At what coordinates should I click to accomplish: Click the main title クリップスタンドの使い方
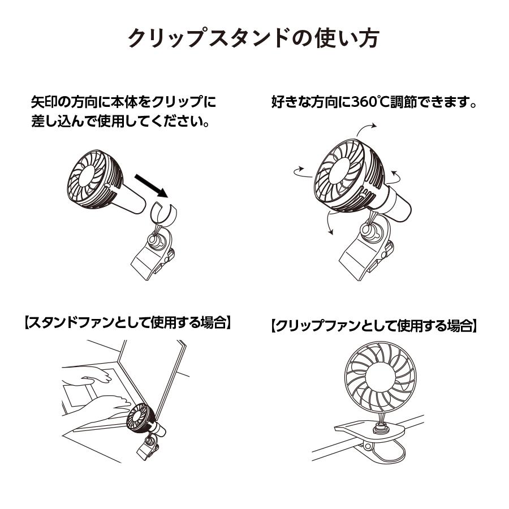tap(254, 39)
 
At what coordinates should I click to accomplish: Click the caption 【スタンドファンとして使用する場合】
tap(128, 323)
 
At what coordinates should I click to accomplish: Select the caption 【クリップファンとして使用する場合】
tap(374, 326)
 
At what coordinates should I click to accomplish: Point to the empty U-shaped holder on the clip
tap(163, 213)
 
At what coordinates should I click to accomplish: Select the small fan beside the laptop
tap(142, 419)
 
